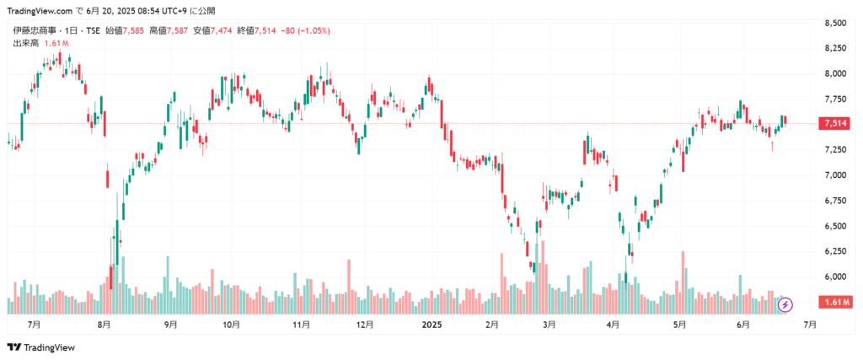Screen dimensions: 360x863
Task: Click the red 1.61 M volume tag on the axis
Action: pyautogui.click(x=835, y=302)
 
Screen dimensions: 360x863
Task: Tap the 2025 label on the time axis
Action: pyautogui.click(x=431, y=324)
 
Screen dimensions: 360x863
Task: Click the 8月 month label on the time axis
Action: pyautogui.click(x=105, y=324)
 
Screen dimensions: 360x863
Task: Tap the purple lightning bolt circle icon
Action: pyautogui.click(x=785, y=304)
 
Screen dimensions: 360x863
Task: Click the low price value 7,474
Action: pyautogui.click(x=223, y=31)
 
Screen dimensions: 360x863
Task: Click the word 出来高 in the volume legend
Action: pyautogui.click(x=23, y=42)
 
